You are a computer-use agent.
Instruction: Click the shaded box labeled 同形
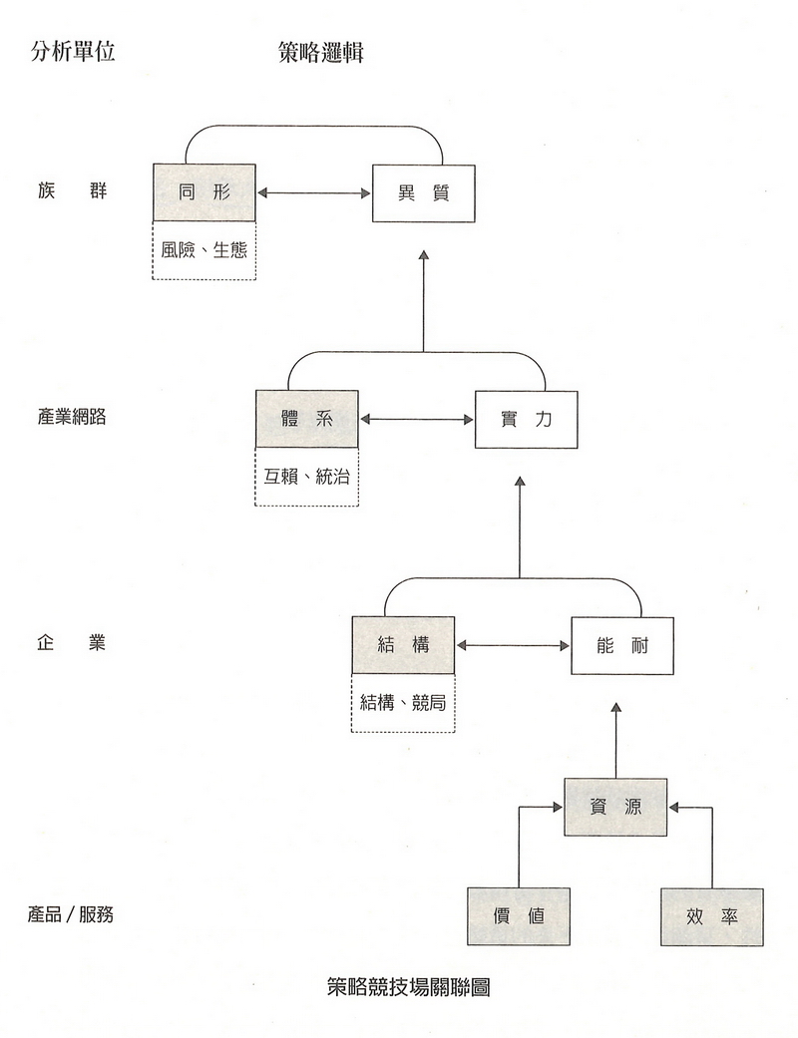tap(204, 192)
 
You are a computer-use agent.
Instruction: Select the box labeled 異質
tap(423, 192)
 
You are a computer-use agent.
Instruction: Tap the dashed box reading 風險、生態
tap(204, 249)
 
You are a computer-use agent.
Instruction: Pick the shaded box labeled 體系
tap(307, 419)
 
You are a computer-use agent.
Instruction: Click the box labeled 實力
tap(526, 419)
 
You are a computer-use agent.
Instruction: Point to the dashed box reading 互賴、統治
tap(307, 477)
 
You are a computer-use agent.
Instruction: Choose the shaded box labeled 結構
tap(404, 645)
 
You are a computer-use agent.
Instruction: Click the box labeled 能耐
tap(622, 645)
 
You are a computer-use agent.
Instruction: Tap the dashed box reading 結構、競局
tap(404, 702)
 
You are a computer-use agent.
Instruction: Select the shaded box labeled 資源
tap(615, 807)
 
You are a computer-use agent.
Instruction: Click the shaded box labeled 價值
tap(519, 915)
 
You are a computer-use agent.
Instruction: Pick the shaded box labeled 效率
tap(712, 915)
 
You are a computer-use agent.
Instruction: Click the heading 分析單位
tap(73, 52)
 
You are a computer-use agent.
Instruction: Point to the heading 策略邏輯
tap(321, 53)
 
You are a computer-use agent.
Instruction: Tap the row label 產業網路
tap(72, 417)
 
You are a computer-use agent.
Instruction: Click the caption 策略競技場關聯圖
tap(408, 987)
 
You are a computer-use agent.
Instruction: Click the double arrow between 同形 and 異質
tap(314, 192)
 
